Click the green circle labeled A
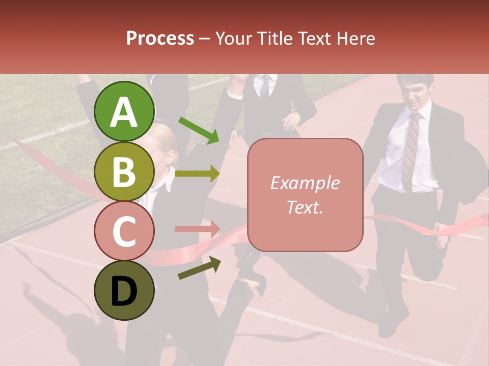coord(124,111)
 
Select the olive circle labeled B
coord(124,171)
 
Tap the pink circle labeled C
coord(124,231)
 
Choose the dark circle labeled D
coord(124,290)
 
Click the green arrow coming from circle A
coord(199,130)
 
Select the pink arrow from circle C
coord(198,229)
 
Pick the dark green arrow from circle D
coord(199,268)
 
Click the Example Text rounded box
coord(305,195)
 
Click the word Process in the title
coord(160,38)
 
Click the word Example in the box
coord(305,183)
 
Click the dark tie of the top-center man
coord(265,86)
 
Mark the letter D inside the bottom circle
coord(124,291)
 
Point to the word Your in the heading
coord(234,38)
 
